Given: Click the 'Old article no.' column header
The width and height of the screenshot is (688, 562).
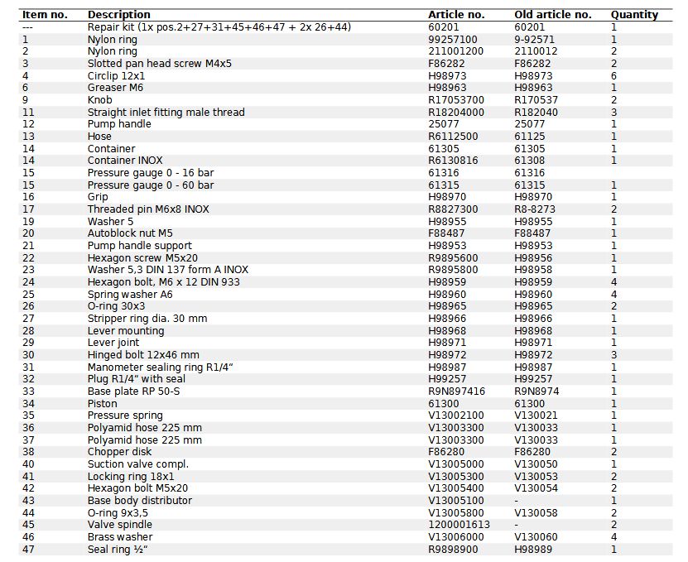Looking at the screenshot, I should coord(552,14).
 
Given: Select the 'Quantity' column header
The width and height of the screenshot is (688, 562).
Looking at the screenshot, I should coord(634,14).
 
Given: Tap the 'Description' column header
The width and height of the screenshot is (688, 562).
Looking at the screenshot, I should coord(119,14).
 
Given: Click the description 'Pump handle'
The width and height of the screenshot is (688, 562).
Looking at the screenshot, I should coord(119,124).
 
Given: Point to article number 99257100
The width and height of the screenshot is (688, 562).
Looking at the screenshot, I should coord(453,39).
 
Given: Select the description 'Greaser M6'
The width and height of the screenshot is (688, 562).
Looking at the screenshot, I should coord(115,88).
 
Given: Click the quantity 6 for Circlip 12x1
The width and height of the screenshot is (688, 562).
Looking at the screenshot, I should coord(613,75).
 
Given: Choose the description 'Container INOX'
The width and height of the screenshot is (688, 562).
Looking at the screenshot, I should coord(125,161).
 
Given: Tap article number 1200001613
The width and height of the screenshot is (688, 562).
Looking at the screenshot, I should coord(459,525).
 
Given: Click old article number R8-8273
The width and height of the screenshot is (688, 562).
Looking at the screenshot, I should coord(535,209).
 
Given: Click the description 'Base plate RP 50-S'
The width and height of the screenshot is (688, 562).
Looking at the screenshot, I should coord(134,391).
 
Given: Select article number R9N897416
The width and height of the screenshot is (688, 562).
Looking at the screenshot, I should coord(457,391).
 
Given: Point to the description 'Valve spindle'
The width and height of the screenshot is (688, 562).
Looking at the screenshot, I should coord(120,525).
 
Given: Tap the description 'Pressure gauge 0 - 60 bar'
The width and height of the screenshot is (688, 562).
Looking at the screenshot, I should coord(151,185).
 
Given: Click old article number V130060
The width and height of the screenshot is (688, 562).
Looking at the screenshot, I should coord(536,537).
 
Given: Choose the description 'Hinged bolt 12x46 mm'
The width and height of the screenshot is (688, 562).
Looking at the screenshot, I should coord(143,355).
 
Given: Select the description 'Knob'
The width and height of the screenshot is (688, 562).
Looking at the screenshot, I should coord(100,100).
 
